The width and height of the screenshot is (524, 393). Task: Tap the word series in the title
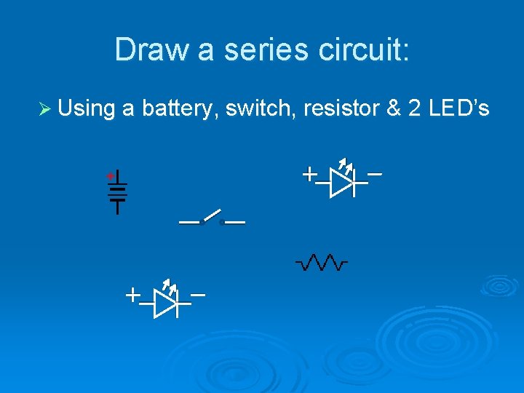[x=249, y=49]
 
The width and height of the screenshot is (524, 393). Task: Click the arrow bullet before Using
[x=44, y=109]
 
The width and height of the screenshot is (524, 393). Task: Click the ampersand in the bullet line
[x=394, y=109]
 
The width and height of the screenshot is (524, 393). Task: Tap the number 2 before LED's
[x=415, y=109]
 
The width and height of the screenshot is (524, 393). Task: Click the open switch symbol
[x=212, y=218]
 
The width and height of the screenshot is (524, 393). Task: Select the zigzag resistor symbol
[x=321, y=261]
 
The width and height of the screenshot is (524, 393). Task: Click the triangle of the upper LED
[x=341, y=182]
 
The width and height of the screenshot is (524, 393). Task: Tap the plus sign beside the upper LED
[x=309, y=174]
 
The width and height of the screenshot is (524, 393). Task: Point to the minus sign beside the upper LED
[x=376, y=174]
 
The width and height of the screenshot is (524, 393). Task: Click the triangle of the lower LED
[x=164, y=303]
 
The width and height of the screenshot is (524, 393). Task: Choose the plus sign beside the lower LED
[x=132, y=295]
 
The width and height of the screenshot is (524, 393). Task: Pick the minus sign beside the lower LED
[x=198, y=295]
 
